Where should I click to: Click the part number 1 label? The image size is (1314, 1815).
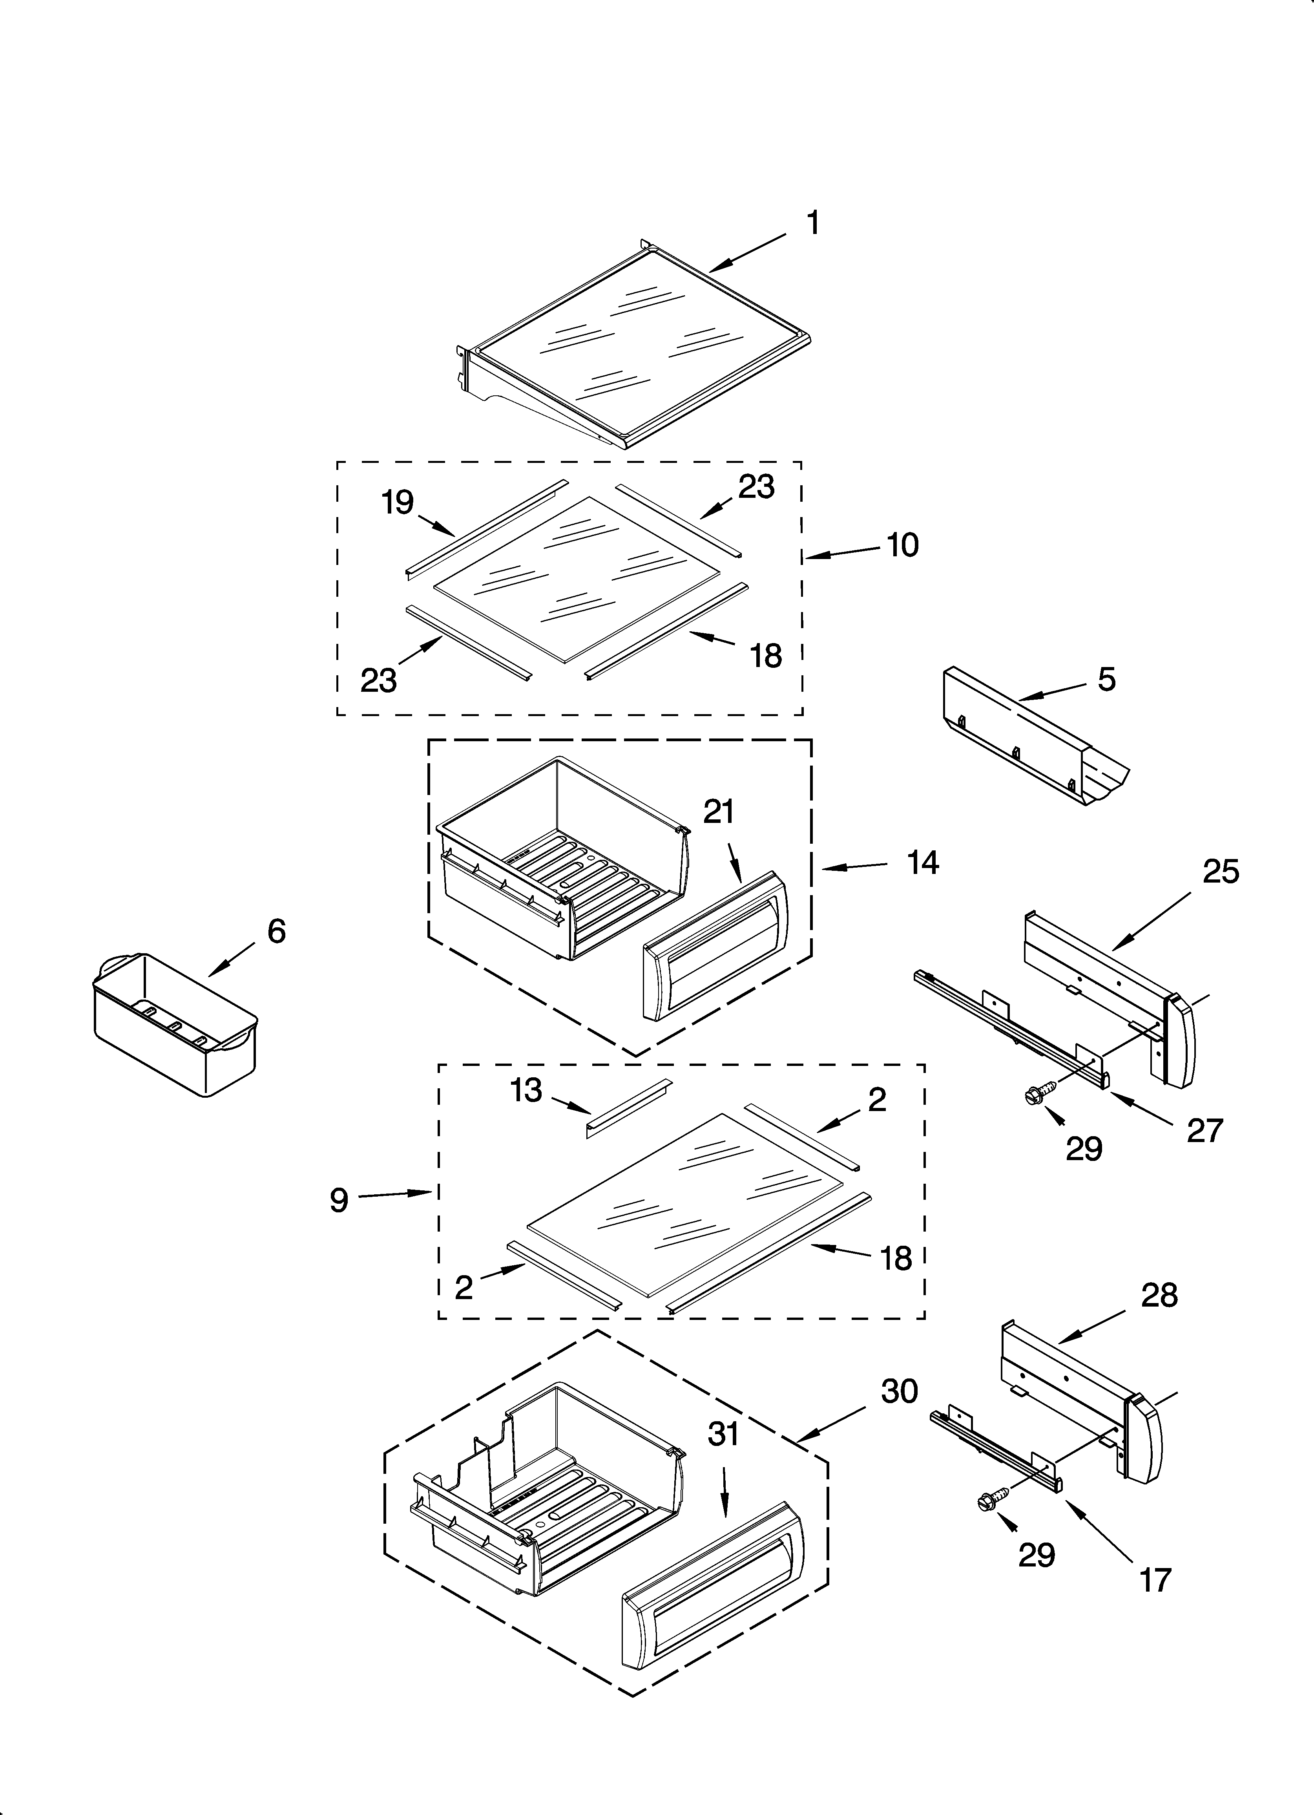point(812,223)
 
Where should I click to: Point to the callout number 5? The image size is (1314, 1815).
point(1106,680)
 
